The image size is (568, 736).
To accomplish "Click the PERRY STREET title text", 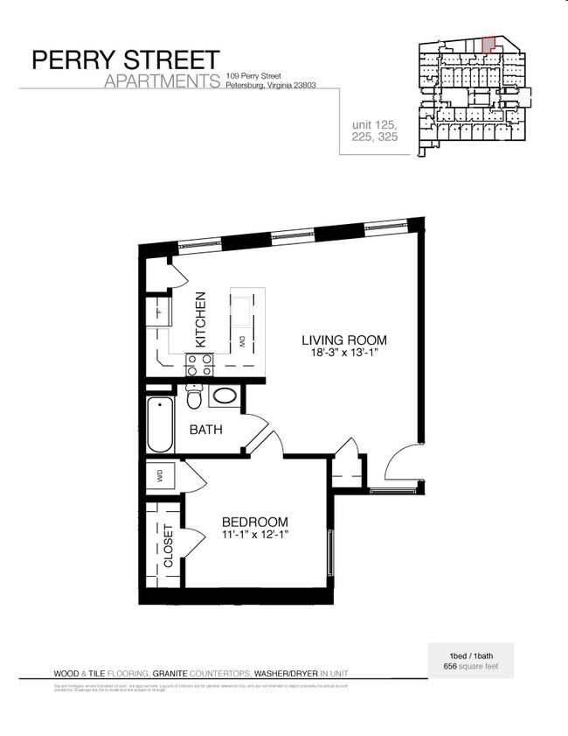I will pos(126,60).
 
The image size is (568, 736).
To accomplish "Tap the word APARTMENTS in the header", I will pos(161,82).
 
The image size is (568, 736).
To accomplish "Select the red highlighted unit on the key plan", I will pos(489,43).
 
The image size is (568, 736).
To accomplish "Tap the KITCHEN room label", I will pos(200,319).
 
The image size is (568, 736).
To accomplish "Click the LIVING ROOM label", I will pos(343,340).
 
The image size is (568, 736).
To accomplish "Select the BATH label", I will pos(206,430).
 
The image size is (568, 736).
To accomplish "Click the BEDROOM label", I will pos(254,522).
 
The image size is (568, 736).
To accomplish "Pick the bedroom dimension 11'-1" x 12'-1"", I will pos(254,536).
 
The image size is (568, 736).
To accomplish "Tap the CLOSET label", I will pos(169,547).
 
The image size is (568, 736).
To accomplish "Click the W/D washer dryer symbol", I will pos(161,476).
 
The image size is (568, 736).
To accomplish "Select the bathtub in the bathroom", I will pos(160,424).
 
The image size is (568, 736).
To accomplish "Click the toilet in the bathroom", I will pos(195,399).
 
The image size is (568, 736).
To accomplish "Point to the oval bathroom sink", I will pos(225,396).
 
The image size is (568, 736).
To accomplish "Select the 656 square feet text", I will pos(470,666).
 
